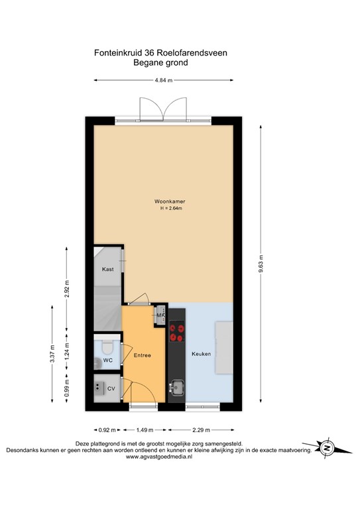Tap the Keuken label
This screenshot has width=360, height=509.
pos(202,354)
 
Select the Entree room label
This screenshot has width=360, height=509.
pos(143,356)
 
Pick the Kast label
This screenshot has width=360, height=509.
pos(107,270)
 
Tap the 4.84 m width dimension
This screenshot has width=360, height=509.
pos(163,80)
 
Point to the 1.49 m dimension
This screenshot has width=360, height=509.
pos(145,427)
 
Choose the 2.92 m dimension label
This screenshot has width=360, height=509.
pos(67,290)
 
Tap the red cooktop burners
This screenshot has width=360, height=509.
pos(177,331)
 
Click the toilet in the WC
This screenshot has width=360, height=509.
pos(108,349)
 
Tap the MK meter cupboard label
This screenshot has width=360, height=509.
pos(160,315)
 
